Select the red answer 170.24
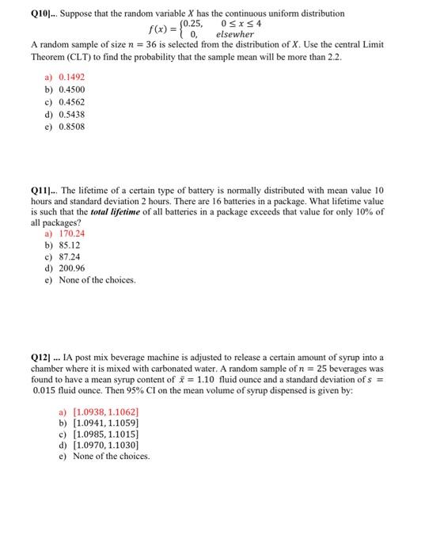click(x=72, y=233)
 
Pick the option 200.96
click(x=72, y=268)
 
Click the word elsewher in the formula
click(x=235, y=35)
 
